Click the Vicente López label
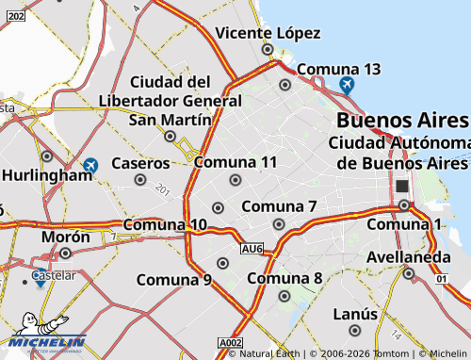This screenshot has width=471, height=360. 268,33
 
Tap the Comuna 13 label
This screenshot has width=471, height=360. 338,69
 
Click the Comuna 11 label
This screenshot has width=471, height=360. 235,162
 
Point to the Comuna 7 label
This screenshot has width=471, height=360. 279,206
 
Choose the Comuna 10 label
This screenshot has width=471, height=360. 165,224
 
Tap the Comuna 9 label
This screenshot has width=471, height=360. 174,279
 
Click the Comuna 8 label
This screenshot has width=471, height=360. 285,278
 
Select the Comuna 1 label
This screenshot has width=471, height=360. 404,223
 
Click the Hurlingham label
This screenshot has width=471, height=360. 46,174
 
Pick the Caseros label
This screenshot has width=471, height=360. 140,163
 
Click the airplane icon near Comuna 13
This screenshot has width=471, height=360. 347,86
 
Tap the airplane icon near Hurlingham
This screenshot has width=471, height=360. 90,166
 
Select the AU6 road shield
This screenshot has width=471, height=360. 252,249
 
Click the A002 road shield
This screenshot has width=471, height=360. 230,342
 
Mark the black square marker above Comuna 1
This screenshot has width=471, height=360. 402,187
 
